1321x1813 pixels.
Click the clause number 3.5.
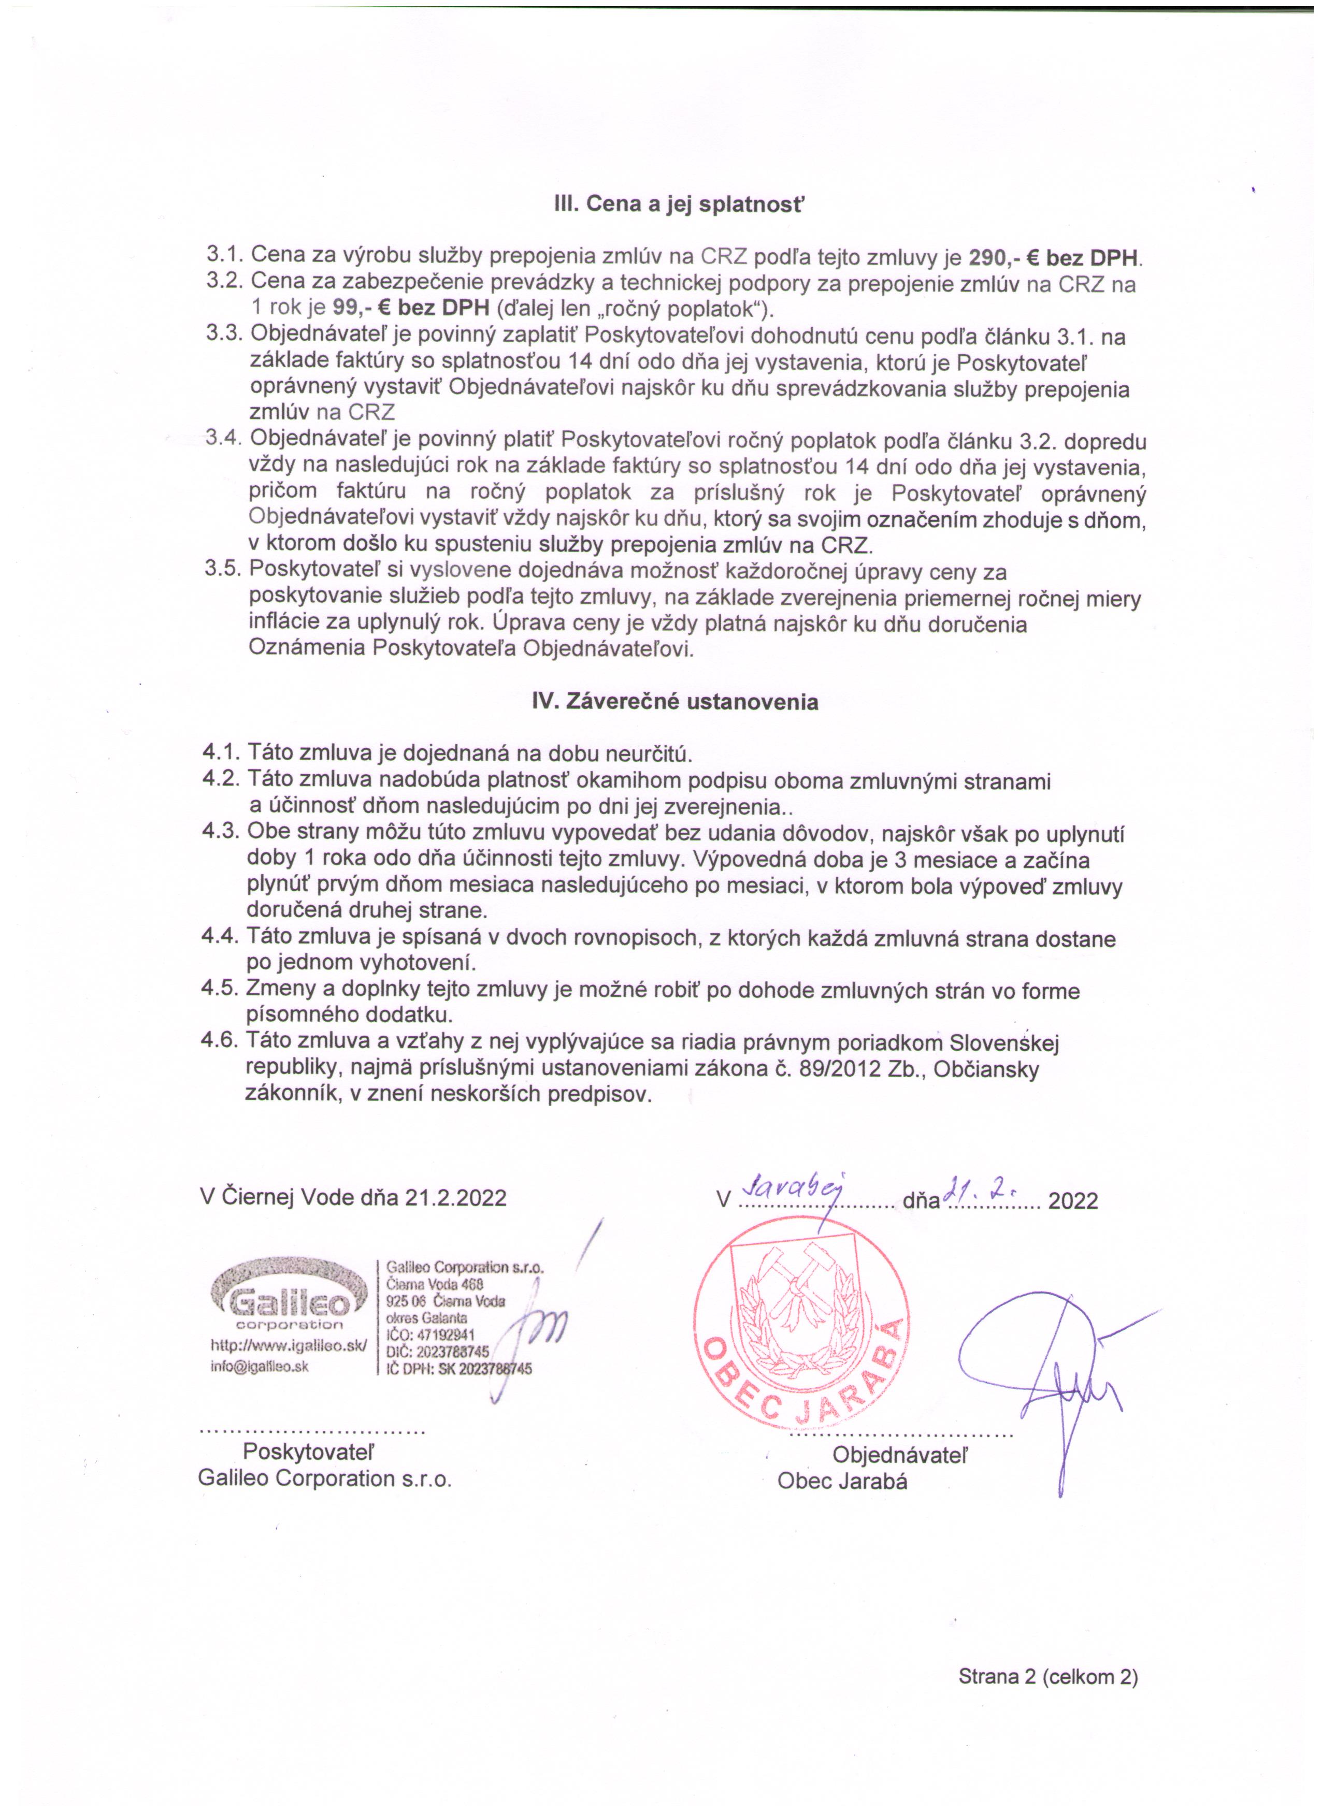223,571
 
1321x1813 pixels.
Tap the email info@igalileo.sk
260,1366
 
